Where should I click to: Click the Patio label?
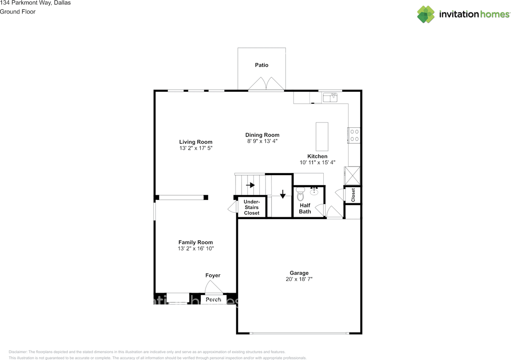[262, 65]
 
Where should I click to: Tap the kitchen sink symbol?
[330, 97]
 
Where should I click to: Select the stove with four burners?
[354, 135]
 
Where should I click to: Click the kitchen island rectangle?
[322, 136]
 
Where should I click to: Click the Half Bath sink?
[314, 191]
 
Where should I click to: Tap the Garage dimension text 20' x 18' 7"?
[299, 279]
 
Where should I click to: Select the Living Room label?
[196, 142]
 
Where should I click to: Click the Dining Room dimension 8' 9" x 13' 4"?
[262, 141]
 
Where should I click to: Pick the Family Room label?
[196, 242]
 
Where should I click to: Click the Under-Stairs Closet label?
[252, 208]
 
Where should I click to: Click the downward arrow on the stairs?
[283, 194]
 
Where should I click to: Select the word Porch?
[213, 299]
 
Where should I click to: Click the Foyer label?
[213, 275]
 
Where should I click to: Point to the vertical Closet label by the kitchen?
[353, 195]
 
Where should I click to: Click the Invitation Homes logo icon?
[426, 14]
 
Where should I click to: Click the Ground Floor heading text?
[18, 12]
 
